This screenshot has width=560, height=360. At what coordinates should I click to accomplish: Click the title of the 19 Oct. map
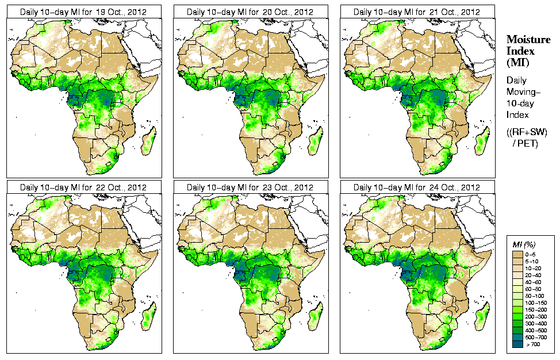pos(83,12)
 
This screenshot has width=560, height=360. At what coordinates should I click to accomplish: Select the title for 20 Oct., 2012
pos(250,12)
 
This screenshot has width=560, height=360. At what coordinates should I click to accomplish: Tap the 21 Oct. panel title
pos(417,12)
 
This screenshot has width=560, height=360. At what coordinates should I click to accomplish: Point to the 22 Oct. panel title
pos(83,187)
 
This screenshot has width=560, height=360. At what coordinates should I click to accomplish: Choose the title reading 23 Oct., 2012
pos(250,187)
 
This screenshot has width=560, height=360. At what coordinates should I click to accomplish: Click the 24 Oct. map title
pos(417,187)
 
